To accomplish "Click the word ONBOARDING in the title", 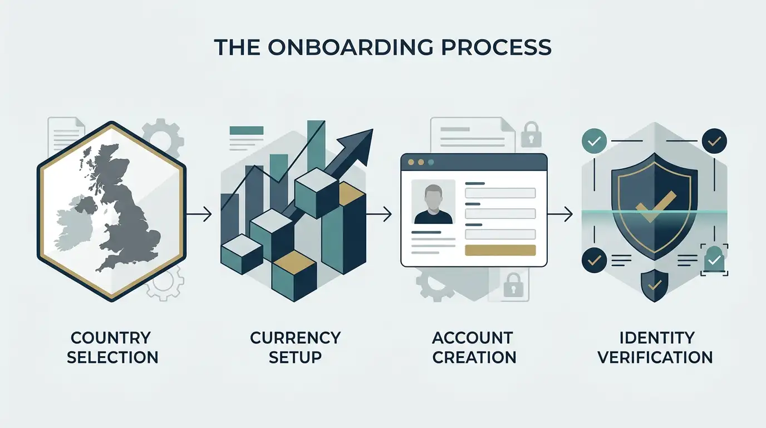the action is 351,47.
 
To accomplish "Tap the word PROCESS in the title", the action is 496,47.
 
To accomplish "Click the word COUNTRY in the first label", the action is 110,338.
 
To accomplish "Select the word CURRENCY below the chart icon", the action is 295,338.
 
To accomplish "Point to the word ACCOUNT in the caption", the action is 472,338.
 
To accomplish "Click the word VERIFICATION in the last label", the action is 655,357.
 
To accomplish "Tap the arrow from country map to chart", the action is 199,215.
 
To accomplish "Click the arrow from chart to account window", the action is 379,215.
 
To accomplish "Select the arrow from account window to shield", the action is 560,215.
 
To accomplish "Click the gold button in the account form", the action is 500,250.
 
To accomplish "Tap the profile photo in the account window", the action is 433,202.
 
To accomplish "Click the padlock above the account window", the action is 531,134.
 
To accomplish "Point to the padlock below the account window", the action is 513,285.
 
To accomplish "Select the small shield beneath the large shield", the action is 655,285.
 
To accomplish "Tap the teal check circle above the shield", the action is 595,141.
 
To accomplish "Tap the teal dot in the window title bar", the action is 431,162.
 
